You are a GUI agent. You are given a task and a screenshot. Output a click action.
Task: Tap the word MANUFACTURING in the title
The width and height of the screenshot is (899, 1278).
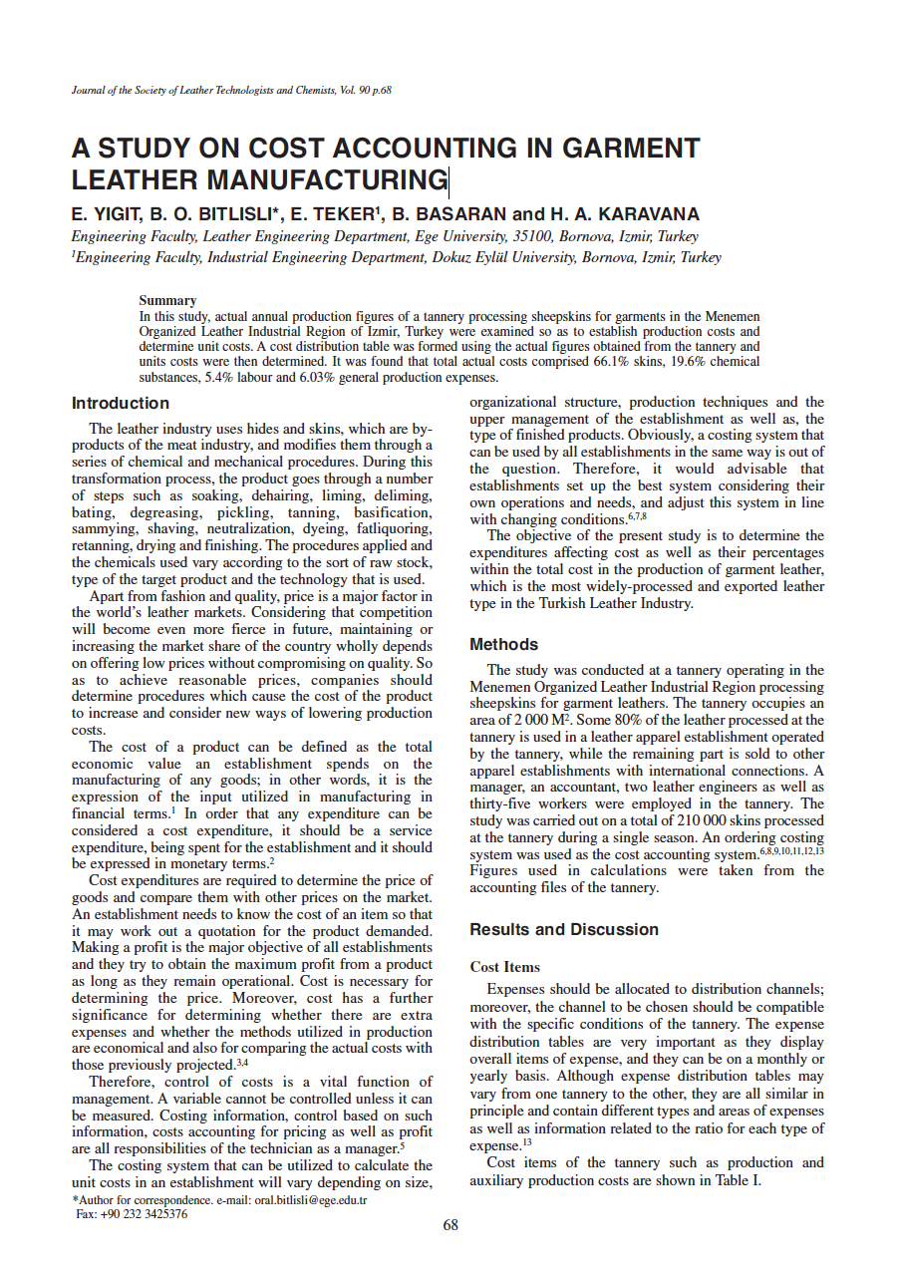329,180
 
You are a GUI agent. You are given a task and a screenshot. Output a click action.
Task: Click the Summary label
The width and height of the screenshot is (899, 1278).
167,300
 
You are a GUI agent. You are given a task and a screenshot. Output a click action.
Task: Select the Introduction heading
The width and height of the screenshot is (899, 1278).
121,404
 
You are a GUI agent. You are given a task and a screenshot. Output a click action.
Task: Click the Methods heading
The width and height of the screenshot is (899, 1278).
503,645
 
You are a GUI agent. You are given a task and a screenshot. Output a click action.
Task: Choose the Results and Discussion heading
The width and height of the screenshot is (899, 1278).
564,930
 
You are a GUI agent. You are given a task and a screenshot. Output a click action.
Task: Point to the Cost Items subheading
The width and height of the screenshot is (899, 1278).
504,967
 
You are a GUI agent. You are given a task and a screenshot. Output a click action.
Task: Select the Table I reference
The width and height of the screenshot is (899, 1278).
742,1180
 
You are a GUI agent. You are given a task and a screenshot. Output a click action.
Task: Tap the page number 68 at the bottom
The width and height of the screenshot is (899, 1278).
450,1226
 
